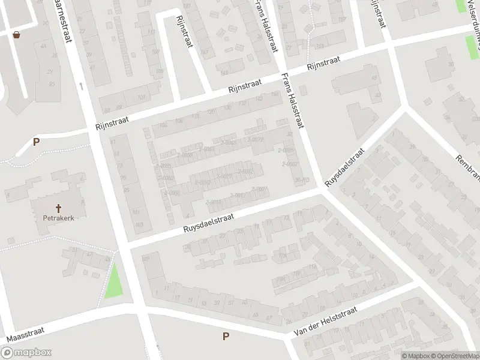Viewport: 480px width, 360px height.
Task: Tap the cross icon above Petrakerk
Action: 59,208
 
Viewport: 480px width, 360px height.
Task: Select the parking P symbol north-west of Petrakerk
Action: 36,142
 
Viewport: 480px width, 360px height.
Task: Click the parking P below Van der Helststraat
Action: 226,337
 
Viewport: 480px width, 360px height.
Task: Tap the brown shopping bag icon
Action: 16,35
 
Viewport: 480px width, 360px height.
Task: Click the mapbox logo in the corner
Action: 26,352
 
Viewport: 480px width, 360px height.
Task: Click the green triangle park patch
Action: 115,281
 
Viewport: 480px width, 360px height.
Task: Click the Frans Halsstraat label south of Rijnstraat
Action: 293,101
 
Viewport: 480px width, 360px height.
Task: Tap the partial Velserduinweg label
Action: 472,21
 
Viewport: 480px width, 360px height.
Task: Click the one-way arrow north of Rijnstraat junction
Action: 80,86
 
